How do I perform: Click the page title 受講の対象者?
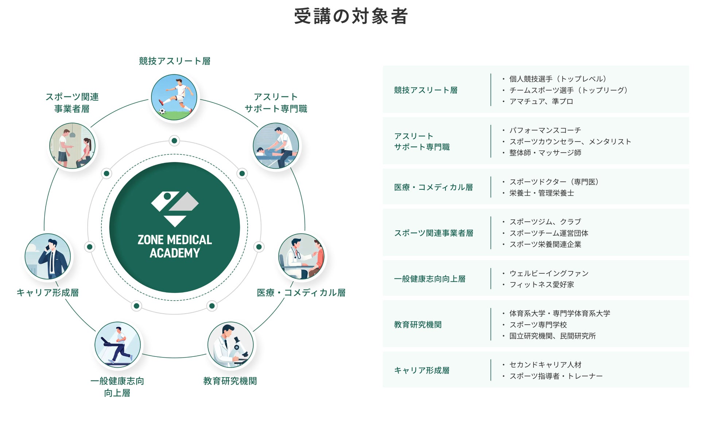coord(351,16)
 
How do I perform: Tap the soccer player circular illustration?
coord(174,97)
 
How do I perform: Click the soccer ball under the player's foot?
coord(162,111)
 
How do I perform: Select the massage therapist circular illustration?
coord(276,146)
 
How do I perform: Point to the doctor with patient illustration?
coord(301,257)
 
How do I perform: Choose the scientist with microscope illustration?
coord(230,345)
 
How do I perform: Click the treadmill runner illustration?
coord(117,345)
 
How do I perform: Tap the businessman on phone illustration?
coord(48,257)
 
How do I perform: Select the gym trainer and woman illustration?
coord(72,146)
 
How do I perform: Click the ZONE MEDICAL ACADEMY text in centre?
coord(175,246)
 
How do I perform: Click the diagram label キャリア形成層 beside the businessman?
coord(48,293)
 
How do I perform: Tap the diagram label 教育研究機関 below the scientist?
coord(230,381)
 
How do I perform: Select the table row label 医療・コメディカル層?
coord(433,187)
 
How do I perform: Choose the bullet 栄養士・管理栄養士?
coord(541,193)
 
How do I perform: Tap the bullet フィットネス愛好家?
coord(541,285)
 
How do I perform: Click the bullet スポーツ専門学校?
coord(538,325)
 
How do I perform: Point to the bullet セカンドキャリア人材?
coord(545,365)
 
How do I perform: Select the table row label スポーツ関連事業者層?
coord(434,233)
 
